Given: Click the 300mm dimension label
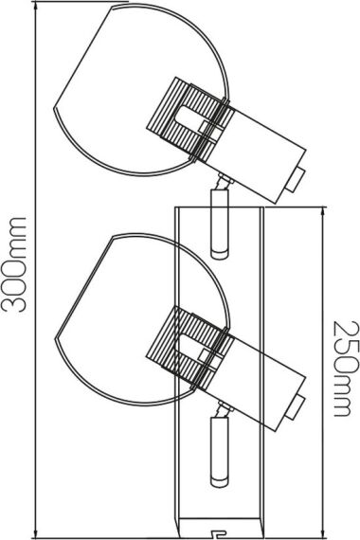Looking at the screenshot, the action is click(14, 264).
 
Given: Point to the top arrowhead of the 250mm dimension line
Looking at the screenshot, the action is click(323, 213).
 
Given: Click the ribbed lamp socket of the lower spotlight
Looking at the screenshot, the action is click(187, 348).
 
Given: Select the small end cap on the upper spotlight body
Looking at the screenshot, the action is click(296, 180).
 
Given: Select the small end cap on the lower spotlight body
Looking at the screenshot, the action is click(296, 407).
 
